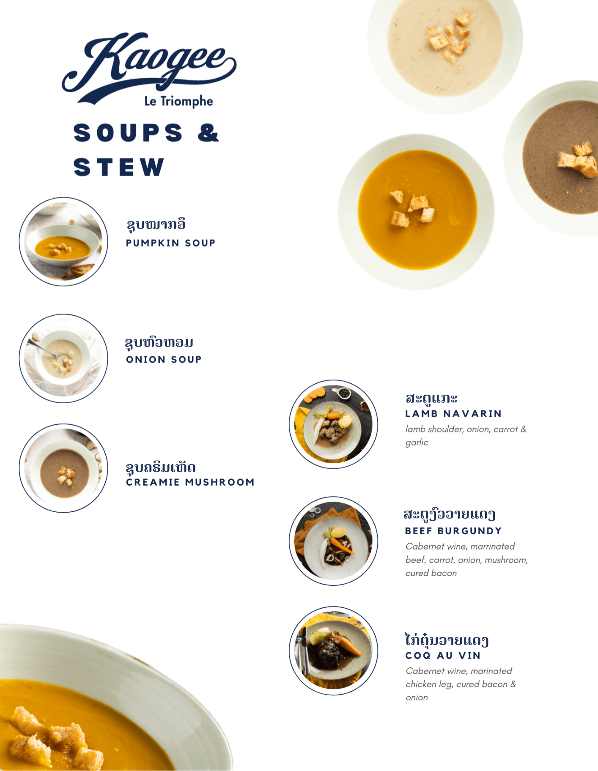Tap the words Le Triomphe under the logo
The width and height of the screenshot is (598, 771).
[178, 101]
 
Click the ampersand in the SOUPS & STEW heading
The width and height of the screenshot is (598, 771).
[208, 132]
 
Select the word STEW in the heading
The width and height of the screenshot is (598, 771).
[119, 167]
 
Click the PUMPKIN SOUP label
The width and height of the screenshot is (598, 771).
[170, 243]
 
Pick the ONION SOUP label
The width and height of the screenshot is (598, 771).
[164, 359]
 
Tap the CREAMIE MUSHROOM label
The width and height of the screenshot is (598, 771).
[190, 482]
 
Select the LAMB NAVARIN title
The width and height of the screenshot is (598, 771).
[453, 413]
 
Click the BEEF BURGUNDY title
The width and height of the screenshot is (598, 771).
[453, 531]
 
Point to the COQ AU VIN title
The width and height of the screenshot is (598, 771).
[443, 656]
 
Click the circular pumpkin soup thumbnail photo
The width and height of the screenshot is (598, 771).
[63, 242]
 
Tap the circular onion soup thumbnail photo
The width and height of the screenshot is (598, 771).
[63, 358]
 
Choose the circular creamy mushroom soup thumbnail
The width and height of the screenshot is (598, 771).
[63, 468]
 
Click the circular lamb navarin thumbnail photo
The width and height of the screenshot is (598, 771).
[333, 424]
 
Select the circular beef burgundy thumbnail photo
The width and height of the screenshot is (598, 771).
[333, 541]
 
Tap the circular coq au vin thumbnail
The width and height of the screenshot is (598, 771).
[333, 651]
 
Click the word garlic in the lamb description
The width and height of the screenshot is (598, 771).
[417, 443]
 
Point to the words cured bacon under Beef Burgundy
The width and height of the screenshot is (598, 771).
[431, 573]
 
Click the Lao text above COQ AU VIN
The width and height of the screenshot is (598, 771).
[447, 640]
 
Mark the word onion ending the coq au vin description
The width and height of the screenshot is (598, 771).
[417, 698]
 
